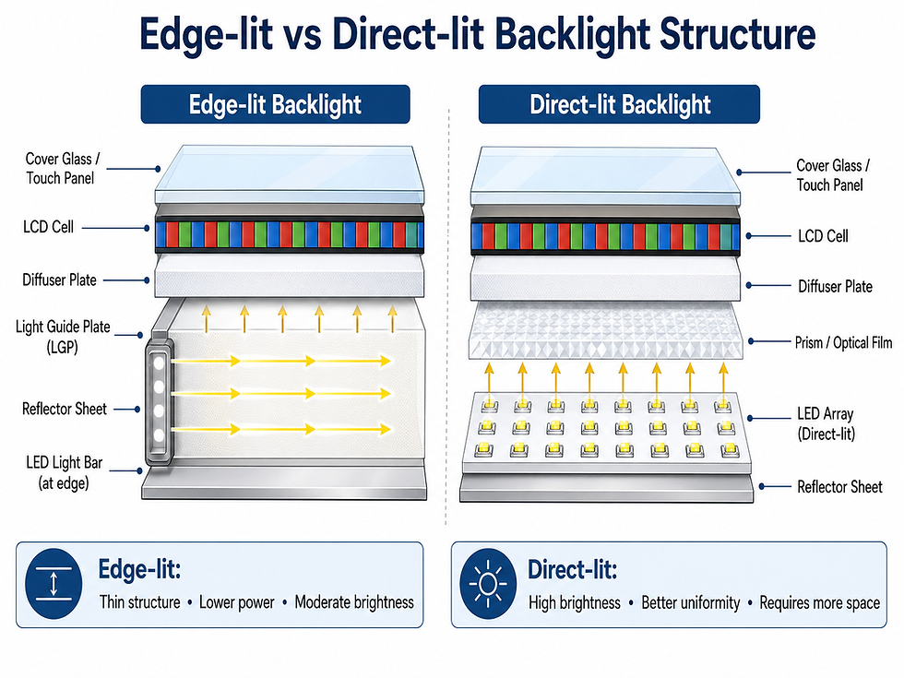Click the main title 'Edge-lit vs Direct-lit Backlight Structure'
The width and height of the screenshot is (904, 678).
tap(477, 35)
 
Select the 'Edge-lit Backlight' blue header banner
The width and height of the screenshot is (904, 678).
tap(275, 104)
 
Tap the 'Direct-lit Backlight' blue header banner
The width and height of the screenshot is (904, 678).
tap(620, 104)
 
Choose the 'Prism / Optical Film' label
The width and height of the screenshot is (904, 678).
tap(844, 343)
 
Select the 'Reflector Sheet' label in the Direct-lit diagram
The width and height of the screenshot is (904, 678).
tap(839, 486)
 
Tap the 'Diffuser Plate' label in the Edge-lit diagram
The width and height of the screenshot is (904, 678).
tap(59, 279)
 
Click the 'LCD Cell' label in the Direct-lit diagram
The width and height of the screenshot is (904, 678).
tap(822, 236)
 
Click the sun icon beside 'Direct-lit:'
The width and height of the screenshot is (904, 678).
tap(487, 586)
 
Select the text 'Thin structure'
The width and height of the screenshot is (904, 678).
tap(139, 602)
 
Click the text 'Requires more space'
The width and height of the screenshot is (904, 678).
tap(820, 602)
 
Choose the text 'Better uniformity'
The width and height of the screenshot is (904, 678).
tap(690, 602)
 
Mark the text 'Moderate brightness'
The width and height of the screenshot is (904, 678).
tap(354, 602)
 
